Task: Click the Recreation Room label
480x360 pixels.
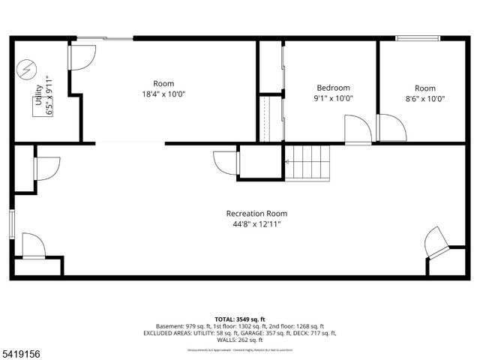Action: click(256, 214)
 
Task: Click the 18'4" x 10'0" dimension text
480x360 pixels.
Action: click(163, 94)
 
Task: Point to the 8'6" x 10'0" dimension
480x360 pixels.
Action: click(424, 98)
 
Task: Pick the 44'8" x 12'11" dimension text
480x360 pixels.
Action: click(256, 224)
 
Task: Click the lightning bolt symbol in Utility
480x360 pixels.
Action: click(27, 70)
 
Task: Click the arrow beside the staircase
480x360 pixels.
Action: click(287, 161)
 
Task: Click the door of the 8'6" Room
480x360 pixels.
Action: click(391, 127)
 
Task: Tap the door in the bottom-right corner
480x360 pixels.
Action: click(436, 241)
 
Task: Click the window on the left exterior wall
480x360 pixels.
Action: click(12, 223)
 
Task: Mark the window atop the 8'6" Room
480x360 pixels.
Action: click(418, 38)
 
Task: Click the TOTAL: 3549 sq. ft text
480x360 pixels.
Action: click(239, 319)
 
